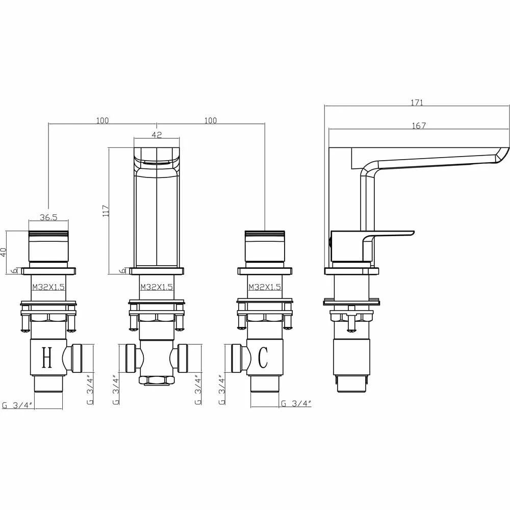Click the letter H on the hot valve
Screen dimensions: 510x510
point(47,358)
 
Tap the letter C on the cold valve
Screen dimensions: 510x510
point(263,358)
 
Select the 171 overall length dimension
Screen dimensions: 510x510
point(417,103)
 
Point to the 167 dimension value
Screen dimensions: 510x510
point(418,126)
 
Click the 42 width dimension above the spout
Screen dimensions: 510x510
point(157,135)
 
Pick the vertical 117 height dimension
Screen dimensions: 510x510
point(106,211)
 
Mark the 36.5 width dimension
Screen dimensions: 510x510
point(48,217)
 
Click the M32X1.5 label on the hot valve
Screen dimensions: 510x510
point(48,287)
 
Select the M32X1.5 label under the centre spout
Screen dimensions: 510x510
point(157,287)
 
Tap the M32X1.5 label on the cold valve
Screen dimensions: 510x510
point(265,287)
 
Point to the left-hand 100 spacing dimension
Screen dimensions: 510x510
point(102,120)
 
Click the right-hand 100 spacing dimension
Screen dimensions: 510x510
point(210,120)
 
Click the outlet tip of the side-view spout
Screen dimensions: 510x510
point(502,155)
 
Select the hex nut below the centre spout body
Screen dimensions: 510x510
point(157,380)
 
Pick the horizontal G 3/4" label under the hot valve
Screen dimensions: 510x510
point(17,406)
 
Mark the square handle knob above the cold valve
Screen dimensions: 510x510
point(265,247)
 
